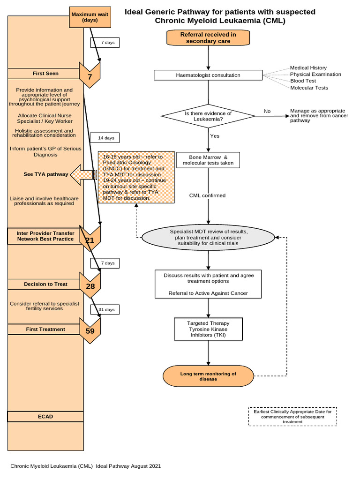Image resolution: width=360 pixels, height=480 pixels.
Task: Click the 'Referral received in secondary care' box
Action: [x=208, y=38]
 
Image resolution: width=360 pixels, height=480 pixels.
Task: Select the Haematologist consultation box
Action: [x=208, y=75]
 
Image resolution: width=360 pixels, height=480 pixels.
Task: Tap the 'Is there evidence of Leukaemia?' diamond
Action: [x=208, y=116]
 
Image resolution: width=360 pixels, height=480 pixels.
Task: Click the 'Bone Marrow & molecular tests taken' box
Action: [x=208, y=160]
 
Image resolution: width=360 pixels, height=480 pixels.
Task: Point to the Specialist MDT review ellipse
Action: [x=208, y=238]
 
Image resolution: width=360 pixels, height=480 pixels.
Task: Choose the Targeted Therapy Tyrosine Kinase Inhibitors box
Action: [x=208, y=330]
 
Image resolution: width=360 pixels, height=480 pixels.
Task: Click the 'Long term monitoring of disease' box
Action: [x=208, y=376]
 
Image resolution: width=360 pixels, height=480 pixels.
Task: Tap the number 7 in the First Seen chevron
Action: [x=90, y=77]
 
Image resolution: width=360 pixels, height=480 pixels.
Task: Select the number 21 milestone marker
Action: [x=90, y=240]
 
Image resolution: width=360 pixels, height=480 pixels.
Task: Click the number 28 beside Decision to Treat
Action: [x=90, y=286]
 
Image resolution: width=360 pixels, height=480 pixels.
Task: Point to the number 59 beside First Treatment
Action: [x=90, y=330]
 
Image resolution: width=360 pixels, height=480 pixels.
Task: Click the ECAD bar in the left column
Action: [x=45, y=417]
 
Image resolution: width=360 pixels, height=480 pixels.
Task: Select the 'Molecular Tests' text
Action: [x=309, y=88]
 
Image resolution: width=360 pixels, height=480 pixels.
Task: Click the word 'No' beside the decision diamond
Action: [x=267, y=111]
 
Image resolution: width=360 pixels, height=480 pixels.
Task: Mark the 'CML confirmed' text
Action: [x=207, y=195]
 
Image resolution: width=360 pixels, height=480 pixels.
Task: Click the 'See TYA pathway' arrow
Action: [x=83, y=174]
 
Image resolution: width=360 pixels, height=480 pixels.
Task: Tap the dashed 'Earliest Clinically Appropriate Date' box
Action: [x=292, y=416]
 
